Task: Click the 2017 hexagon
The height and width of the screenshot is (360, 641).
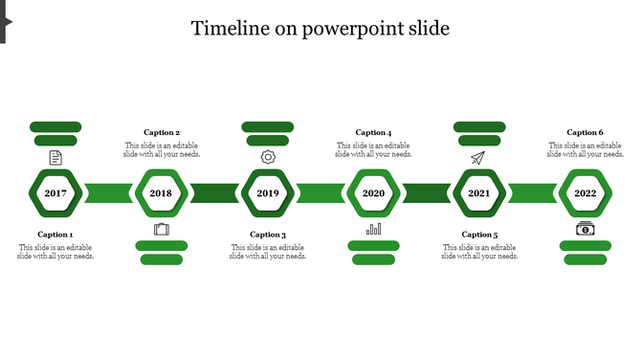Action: click(55, 193)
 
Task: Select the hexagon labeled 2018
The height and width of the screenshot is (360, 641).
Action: click(161, 193)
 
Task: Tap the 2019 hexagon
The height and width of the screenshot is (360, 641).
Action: click(267, 193)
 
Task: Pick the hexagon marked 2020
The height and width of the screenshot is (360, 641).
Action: click(373, 193)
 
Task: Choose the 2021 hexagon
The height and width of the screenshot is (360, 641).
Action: click(479, 193)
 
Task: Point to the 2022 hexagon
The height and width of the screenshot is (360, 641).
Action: click(585, 193)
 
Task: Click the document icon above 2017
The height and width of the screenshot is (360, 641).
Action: click(55, 157)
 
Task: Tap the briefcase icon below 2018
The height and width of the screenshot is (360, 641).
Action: click(161, 229)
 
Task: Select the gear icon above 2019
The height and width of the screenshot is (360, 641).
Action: click(268, 157)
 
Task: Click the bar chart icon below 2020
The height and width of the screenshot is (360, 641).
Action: click(373, 229)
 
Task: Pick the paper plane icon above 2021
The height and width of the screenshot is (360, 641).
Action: click(478, 157)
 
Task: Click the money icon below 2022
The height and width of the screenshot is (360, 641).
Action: click(585, 229)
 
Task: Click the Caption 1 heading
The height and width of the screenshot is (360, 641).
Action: click(55, 235)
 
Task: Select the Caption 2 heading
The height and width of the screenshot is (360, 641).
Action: click(162, 133)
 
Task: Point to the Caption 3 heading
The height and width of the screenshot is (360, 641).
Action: click(268, 235)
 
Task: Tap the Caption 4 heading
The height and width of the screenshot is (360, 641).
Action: click(373, 133)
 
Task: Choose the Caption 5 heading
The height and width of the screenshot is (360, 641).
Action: click(479, 235)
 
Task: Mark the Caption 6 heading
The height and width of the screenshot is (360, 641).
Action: click(585, 133)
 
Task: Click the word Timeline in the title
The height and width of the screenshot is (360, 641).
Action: click(229, 28)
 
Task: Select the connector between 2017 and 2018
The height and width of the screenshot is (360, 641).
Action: click(108, 193)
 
